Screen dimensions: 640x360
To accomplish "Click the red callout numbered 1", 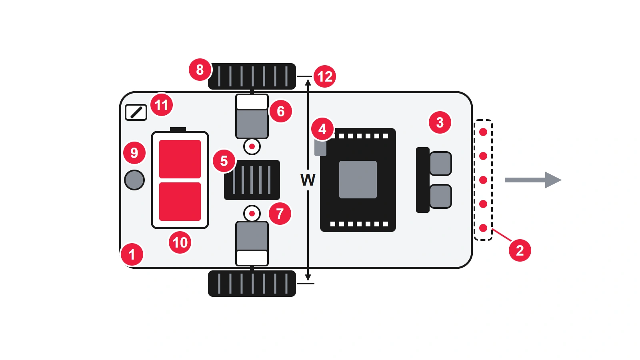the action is point(132,254).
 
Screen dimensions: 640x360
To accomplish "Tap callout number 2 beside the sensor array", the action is point(520,250).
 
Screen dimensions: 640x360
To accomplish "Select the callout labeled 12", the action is point(324,76).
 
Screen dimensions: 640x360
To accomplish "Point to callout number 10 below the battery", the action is point(180,242).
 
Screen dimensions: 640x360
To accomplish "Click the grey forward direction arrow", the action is point(533,180).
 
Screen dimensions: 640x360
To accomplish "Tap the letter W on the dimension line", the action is point(308,180).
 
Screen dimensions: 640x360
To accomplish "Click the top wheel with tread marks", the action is point(252,76).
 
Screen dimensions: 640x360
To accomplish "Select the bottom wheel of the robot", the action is point(252,284).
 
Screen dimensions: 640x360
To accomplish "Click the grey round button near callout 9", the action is point(134,180).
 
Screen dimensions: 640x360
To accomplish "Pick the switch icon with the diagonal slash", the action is point(136,112).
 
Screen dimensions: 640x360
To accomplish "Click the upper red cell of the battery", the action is point(180,159).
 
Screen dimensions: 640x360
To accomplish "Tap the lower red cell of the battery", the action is point(180,202).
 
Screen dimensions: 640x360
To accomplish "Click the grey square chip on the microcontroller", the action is point(358,180).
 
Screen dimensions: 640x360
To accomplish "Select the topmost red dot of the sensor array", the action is point(483,132).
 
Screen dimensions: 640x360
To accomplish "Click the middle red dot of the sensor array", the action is point(483,180).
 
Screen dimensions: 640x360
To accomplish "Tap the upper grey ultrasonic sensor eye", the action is point(440,164).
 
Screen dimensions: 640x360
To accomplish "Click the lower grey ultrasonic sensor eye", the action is point(440,196).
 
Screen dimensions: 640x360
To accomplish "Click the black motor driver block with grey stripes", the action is point(252,180).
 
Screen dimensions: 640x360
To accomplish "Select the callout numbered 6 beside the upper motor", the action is point(280,111).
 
